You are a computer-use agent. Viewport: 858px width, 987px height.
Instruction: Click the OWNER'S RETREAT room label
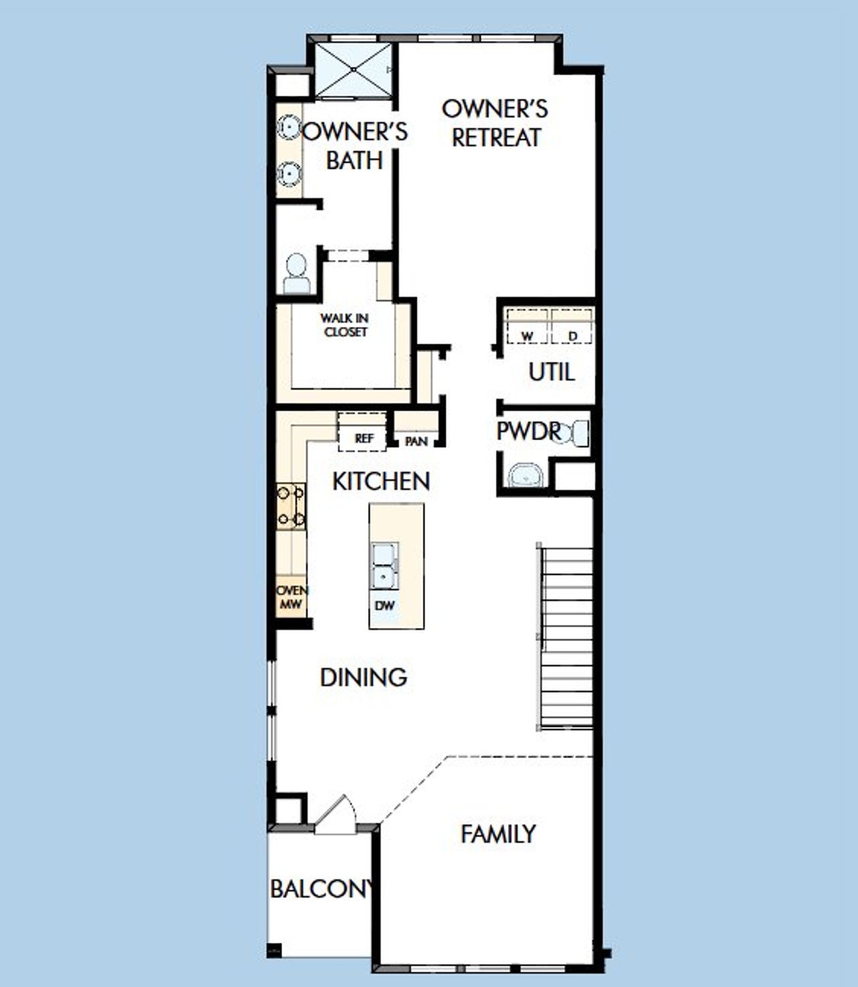click(495, 123)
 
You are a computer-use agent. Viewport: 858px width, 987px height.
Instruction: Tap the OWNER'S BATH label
click(355, 145)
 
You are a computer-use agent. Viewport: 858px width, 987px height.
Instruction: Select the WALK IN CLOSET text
click(345, 325)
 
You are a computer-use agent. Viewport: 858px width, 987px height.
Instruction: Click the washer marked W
click(527, 327)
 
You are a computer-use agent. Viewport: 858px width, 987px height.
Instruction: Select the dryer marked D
click(572, 327)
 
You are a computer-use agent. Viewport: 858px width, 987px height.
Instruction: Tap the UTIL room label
click(551, 371)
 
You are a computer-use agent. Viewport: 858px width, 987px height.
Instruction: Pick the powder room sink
click(527, 476)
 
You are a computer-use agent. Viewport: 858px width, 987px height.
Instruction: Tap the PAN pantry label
click(416, 441)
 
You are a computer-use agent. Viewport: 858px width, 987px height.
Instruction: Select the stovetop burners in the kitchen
click(291, 506)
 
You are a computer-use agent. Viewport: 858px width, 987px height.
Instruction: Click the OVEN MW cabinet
click(292, 597)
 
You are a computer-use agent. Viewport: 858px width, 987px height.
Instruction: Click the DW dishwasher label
click(385, 606)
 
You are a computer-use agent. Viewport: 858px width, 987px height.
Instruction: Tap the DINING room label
click(363, 677)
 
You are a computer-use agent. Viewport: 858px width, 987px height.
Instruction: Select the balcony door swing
click(336, 817)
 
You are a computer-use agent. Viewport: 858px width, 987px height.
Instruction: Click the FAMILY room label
click(498, 834)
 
